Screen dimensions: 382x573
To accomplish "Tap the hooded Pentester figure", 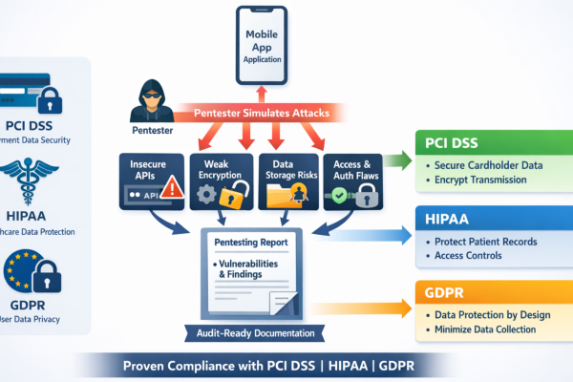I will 152,99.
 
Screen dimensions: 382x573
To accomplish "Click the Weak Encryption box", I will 222,181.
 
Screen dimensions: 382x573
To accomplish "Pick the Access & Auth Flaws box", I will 353,181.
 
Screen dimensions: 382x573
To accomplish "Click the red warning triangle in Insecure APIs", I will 173,190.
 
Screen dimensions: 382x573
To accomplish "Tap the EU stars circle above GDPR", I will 20,268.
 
